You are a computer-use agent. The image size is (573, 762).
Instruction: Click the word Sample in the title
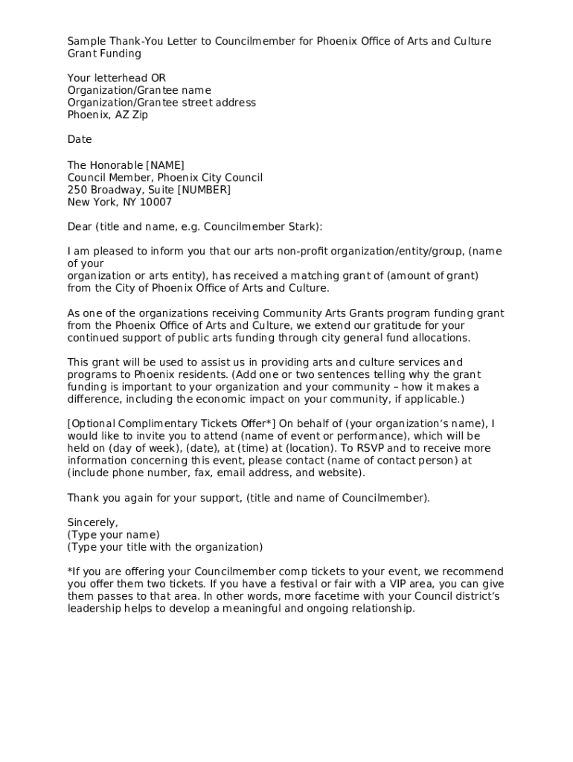tap(86, 41)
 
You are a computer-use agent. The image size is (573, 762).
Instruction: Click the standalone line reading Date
tap(80, 140)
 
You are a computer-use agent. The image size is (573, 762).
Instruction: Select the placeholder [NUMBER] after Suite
tap(205, 190)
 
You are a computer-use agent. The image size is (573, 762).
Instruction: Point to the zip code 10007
tap(157, 202)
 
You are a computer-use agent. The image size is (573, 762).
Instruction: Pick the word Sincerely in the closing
tap(92, 522)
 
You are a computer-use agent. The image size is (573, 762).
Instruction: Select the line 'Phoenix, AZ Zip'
tap(108, 115)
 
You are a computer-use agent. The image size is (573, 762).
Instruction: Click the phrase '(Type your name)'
tap(113, 535)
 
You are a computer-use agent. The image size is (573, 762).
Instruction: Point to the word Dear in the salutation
tap(79, 227)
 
